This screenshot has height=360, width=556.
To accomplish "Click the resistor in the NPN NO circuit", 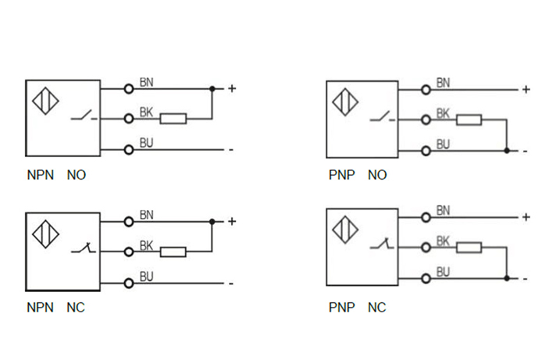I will [173, 119].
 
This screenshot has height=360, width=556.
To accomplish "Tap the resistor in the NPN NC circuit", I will [173, 251].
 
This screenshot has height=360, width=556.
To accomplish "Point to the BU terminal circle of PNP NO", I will [426, 150].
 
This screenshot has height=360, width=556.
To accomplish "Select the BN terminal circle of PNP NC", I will [426, 216].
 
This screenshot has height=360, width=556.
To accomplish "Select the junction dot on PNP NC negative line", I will [507, 278].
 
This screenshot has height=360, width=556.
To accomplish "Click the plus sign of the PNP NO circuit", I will [526, 89].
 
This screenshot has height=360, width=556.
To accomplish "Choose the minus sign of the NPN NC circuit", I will [231, 283].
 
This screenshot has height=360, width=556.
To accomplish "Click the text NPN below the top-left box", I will [40, 176].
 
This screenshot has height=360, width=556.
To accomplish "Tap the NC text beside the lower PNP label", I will [377, 308].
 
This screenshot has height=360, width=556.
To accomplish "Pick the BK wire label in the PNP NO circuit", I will [443, 113].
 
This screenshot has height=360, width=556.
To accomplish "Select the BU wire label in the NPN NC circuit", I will [146, 276].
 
